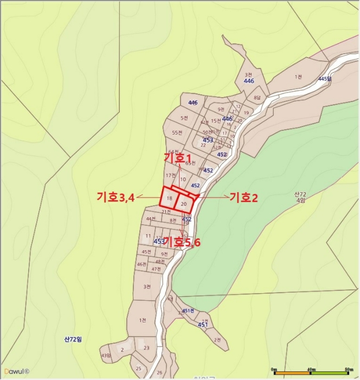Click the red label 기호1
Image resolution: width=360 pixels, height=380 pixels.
[x=178, y=156]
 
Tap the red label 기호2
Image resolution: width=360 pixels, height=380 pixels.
[x=243, y=198]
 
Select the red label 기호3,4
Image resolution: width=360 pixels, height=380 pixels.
[x=116, y=197]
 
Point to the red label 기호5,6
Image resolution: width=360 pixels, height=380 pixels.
[x=182, y=242]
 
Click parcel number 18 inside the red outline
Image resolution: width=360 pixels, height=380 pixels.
[x=169, y=199]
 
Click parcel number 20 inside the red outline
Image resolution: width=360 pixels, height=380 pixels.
[x=184, y=204]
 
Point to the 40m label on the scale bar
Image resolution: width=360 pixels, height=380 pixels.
[x=311, y=370]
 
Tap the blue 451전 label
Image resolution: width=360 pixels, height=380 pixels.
[x=188, y=311]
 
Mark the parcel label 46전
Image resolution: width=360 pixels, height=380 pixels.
[x=142, y=264]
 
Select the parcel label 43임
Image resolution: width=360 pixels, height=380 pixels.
[x=105, y=356]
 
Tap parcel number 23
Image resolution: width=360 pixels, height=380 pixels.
[x=146, y=348]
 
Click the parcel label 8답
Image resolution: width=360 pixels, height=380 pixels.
[x=257, y=98]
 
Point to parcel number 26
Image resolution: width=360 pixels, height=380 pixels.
[x=159, y=372]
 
